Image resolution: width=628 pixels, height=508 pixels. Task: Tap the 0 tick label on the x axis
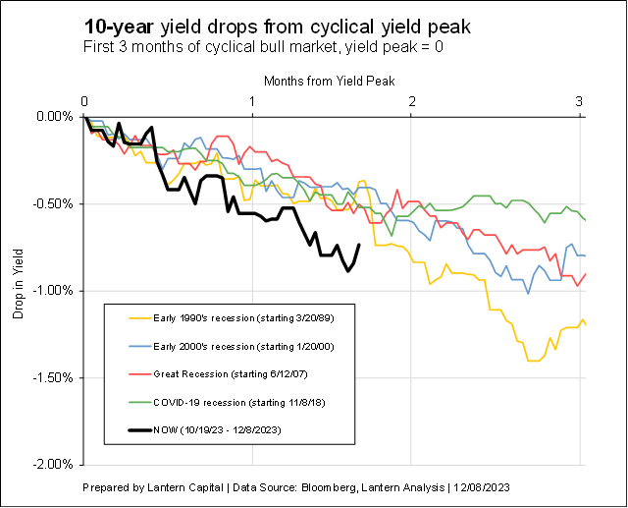(x=85, y=101)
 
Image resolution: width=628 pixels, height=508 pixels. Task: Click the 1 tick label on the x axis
(x=253, y=101)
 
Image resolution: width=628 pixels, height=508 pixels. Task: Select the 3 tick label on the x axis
(x=579, y=101)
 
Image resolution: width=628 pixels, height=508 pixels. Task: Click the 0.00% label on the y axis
(x=56, y=117)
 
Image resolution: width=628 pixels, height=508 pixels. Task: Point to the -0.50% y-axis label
(x=54, y=203)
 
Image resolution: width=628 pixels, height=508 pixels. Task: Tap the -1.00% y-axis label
(x=54, y=290)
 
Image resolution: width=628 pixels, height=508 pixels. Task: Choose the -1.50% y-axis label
(x=54, y=377)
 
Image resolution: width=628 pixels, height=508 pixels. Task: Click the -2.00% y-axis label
(x=54, y=464)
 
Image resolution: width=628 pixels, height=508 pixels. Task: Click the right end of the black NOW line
(x=359, y=246)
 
